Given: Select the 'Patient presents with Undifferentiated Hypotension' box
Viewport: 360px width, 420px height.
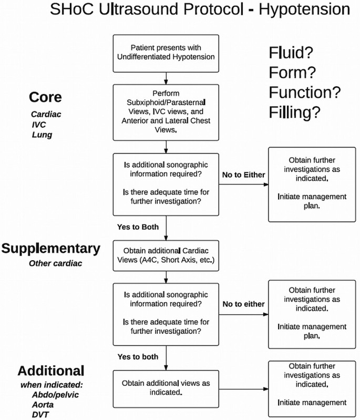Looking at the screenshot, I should coord(166,54).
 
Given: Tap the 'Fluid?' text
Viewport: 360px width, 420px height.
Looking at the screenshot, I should coord(291,53).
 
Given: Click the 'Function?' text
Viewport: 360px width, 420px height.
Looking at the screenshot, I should coord(305,93).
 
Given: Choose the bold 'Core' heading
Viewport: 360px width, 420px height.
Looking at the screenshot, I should coord(45,97).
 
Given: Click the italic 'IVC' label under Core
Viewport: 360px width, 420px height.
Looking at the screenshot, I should coord(39,124).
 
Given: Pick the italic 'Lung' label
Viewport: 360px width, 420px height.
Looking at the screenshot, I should coord(42,135).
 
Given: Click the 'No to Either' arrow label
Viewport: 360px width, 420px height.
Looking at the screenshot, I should coord(243,175).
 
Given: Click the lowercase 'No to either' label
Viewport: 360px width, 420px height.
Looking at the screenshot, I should coord(243,304).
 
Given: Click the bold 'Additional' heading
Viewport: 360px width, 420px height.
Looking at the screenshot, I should coord(50,371).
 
